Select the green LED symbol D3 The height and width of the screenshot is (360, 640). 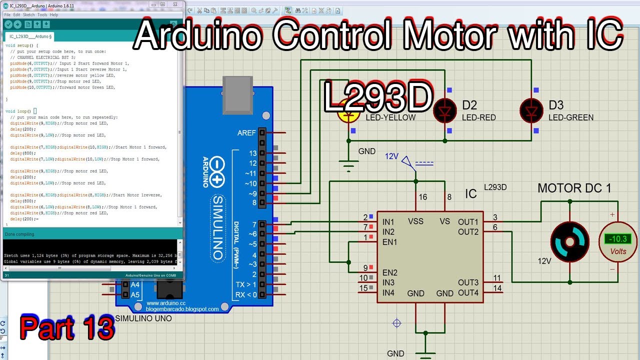click(531, 110)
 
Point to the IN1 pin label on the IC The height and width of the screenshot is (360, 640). click(388, 221)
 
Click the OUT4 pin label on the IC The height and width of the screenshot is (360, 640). click(468, 292)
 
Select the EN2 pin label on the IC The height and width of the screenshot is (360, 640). click(389, 272)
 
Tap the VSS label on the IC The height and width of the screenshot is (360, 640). click(415, 221)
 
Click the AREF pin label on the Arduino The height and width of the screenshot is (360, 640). click(246, 133)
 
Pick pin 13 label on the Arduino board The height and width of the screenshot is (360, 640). click(252, 153)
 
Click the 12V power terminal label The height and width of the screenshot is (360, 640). click(391, 156)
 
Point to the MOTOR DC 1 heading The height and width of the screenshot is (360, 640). click(574, 188)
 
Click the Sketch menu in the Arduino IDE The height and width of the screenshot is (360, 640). click(28, 15)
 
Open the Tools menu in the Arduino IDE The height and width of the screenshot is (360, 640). click(42, 15)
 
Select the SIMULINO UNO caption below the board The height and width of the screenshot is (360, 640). click(143, 318)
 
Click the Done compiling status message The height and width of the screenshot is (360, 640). click(19, 234)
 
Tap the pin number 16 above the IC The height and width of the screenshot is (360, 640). click(423, 197)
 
